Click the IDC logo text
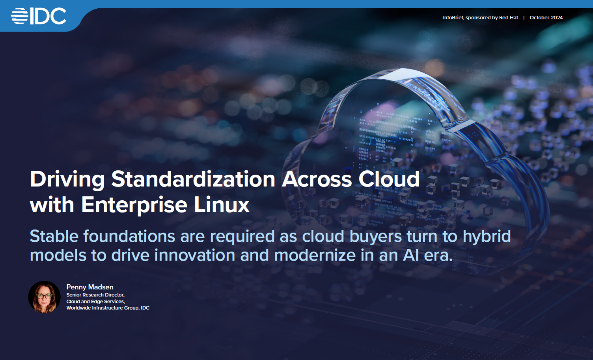click(x=48, y=16)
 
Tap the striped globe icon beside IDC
click(x=20, y=16)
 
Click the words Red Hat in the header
click(x=508, y=17)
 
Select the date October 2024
click(x=546, y=17)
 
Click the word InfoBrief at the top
click(x=453, y=17)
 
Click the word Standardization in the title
click(x=193, y=179)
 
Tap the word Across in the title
click(x=317, y=179)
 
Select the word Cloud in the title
click(x=389, y=179)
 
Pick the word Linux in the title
click(x=222, y=204)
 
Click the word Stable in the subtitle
click(x=54, y=236)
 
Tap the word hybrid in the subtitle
click(x=487, y=237)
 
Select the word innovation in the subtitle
click(x=195, y=255)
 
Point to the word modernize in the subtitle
click(x=315, y=255)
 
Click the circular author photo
click(x=45, y=297)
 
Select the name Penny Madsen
click(x=90, y=287)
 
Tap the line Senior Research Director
click(x=95, y=295)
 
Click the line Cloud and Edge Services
click(x=95, y=302)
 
